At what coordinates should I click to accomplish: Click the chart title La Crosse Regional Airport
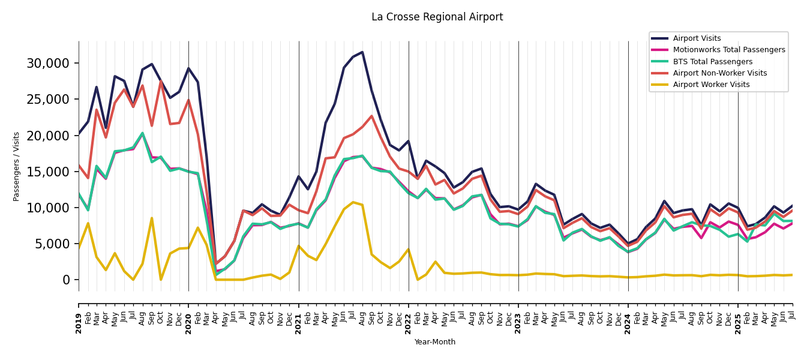(437, 17)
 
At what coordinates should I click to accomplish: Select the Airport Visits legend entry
(697, 38)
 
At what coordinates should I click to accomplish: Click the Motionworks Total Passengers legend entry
(728, 50)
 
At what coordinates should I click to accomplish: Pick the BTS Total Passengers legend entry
(712, 62)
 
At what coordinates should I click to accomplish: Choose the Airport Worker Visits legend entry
(711, 85)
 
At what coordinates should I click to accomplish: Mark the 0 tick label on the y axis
(66, 280)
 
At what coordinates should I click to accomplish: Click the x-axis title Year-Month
(435, 342)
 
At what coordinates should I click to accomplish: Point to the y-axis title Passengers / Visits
(16, 166)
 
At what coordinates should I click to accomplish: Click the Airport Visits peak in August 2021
(362, 52)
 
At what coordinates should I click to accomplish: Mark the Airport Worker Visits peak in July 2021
(353, 202)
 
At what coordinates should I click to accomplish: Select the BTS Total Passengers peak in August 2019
(142, 133)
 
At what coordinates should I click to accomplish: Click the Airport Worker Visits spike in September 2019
(152, 218)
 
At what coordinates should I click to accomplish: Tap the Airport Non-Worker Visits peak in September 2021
(371, 116)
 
